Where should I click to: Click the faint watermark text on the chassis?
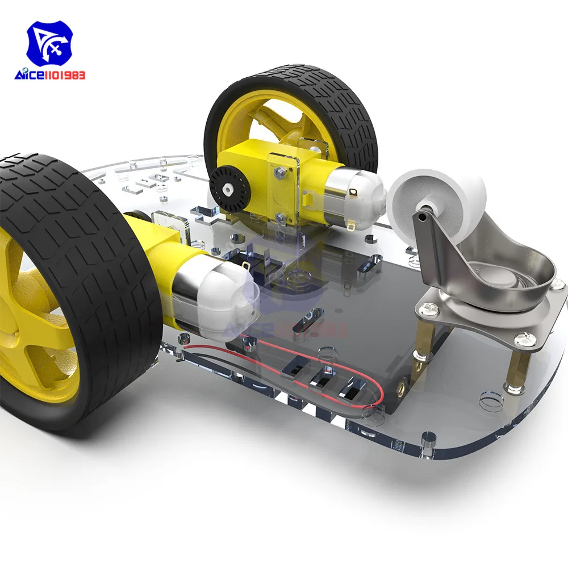(295, 328)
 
